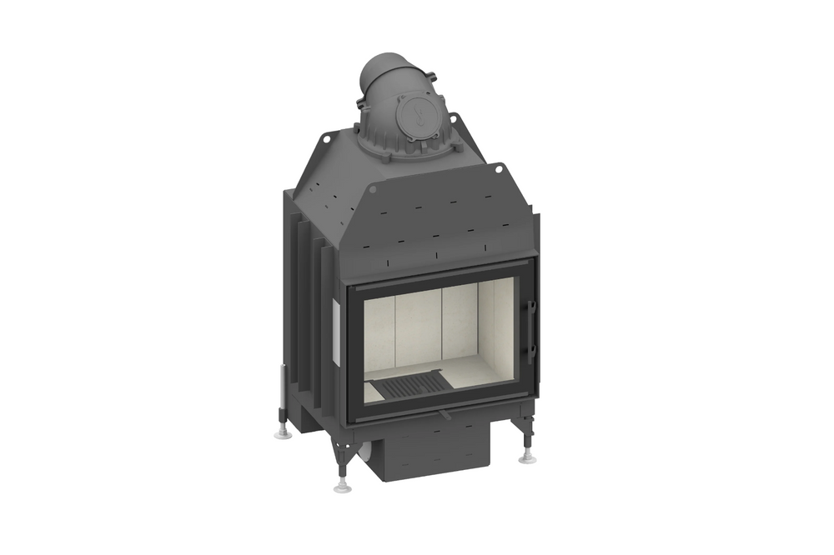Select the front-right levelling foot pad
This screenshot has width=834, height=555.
coord(526,457)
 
